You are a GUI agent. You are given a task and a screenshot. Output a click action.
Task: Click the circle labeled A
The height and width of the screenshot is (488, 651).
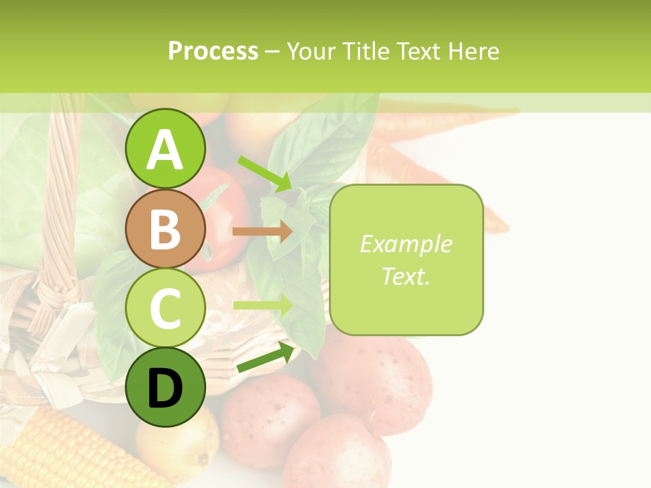click(x=165, y=148)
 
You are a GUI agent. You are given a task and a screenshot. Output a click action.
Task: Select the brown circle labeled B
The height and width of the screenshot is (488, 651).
click(x=165, y=228)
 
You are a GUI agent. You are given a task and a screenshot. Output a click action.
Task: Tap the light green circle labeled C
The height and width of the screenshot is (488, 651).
click(x=165, y=308)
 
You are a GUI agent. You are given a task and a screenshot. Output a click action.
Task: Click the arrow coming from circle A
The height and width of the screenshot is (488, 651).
click(x=264, y=174)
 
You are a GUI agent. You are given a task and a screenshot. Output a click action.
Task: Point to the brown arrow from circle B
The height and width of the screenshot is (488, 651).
click(x=262, y=231)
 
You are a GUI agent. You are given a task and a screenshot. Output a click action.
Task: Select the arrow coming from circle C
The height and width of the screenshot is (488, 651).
click(x=262, y=305)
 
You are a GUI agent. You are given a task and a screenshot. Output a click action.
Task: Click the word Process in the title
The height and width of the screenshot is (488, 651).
click(x=213, y=51)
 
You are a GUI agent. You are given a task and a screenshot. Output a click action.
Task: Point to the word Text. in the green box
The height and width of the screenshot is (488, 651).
click(x=406, y=276)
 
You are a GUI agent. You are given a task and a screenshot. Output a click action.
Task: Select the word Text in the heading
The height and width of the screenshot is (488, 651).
click(x=419, y=51)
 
